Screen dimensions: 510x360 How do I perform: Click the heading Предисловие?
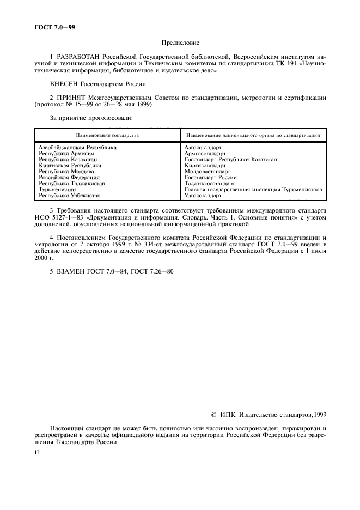click(x=180, y=42)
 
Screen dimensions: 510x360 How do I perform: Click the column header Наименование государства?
click(x=107, y=135)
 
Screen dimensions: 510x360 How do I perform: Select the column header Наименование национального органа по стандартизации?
click(x=253, y=135)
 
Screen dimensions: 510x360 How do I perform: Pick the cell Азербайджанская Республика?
click(x=78, y=148)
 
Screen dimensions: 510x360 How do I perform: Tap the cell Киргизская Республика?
click(x=70, y=165)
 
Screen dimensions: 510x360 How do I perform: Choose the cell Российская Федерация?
click(x=69, y=177)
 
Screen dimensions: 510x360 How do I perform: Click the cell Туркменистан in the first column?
click(x=57, y=189)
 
